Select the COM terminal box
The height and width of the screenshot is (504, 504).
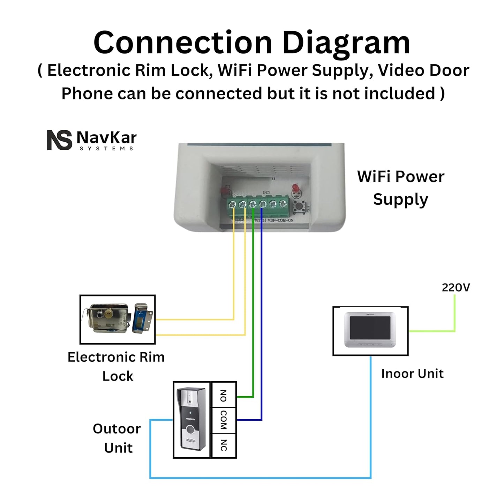(224, 420)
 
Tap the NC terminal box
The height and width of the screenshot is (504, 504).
(224, 445)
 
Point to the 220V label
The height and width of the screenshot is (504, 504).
(456, 287)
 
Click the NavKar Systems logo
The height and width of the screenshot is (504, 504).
(92, 140)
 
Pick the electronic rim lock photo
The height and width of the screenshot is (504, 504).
(118, 319)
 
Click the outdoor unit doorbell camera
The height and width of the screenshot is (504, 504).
(192, 419)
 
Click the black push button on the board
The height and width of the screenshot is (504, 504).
(298, 208)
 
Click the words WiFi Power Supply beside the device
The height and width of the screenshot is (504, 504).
(400, 188)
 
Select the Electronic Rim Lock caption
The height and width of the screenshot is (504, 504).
(116, 367)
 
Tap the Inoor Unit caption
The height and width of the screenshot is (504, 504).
(412, 374)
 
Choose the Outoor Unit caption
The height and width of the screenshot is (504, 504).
(117, 438)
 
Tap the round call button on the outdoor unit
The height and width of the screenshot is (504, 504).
(189, 429)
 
